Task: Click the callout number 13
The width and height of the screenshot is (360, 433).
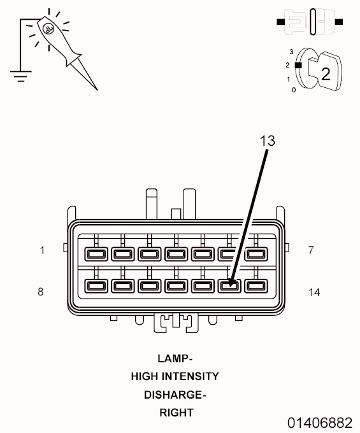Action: tap(268, 141)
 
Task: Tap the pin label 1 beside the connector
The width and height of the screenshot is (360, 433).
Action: tap(42, 250)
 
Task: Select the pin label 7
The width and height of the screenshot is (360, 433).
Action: tap(311, 250)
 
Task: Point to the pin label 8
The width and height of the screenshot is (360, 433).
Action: tap(41, 292)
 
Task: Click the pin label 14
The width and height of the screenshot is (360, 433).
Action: tap(314, 292)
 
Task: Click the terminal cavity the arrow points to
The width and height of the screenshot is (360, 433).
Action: tap(229, 286)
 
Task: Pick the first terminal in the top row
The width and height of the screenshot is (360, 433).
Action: tap(96, 254)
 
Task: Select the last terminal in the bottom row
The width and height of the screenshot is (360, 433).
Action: tap(256, 286)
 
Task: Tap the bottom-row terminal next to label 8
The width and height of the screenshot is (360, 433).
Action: tap(96, 286)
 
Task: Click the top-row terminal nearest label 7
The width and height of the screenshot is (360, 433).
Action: tap(256, 254)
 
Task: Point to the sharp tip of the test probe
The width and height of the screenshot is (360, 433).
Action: tap(97, 90)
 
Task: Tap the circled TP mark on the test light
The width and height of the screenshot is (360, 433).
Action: tap(48, 29)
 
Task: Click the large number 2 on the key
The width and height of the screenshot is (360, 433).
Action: tap(326, 74)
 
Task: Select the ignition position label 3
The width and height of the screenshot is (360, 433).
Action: tap(291, 52)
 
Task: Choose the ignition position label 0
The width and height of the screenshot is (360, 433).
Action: tap(294, 90)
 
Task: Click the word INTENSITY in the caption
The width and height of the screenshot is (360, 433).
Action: tap(191, 376)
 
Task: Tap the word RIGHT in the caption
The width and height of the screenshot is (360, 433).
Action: tap(176, 413)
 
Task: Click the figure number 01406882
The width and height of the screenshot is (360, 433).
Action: tap(320, 423)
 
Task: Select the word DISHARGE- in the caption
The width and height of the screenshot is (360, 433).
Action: tap(175, 395)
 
